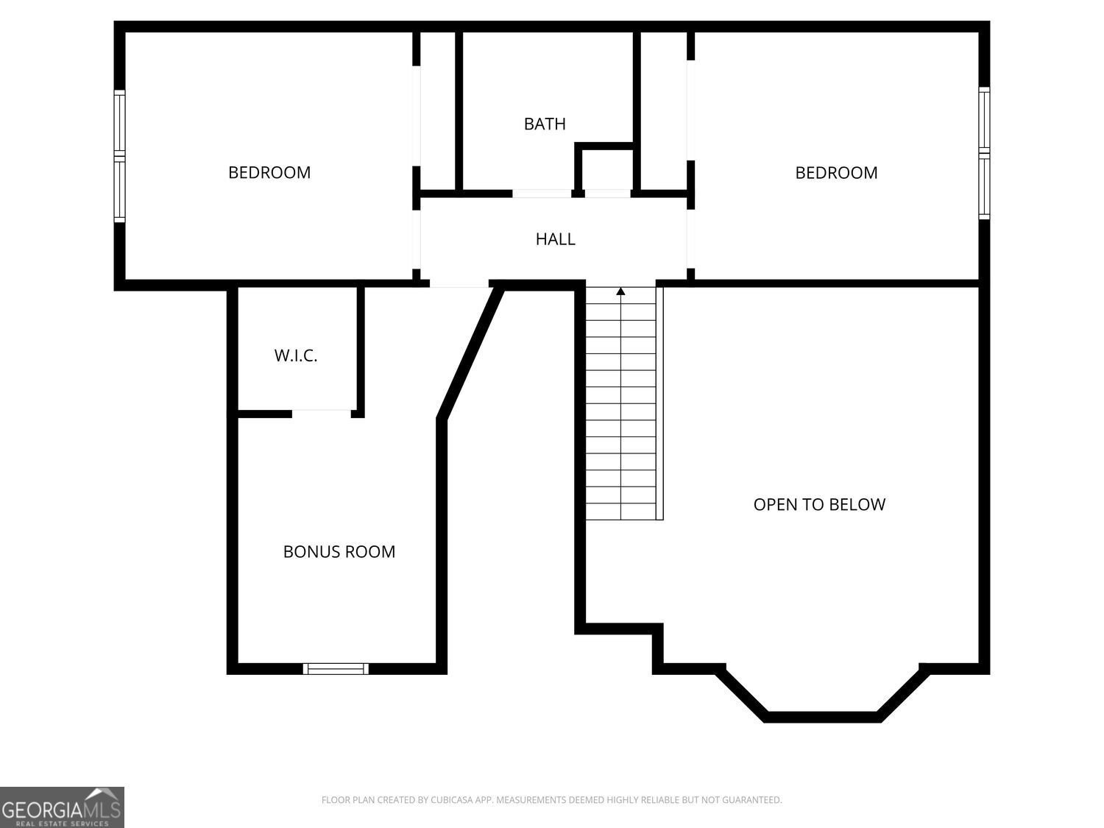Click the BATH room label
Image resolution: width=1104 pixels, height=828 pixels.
pos(544,124)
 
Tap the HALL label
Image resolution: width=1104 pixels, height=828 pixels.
pos(555,238)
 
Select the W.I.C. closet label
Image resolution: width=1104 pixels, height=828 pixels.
pos(296,355)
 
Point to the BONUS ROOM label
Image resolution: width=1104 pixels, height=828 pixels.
pos(339,551)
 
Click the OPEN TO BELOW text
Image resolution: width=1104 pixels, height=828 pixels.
pos(819,504)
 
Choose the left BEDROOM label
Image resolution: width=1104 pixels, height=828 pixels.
pos(269,172)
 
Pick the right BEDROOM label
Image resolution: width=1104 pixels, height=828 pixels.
pos(836,173)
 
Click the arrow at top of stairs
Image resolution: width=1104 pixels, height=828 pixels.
pos(620,291)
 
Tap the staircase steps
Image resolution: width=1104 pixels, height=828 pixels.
pos(620,403)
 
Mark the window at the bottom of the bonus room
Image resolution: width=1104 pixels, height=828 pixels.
pos(336,668)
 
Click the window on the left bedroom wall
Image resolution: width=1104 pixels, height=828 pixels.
pos(119,156)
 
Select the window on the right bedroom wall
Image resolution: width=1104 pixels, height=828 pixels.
pos(984,153)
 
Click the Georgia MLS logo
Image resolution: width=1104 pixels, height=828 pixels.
pos(62,807)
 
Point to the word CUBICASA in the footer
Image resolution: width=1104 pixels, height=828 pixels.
pos(450,800)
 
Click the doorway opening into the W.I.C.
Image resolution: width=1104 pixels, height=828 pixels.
pos(322,413)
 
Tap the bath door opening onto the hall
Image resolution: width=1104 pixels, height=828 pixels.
pos(542,194)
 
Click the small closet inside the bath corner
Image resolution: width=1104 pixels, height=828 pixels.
pos(607,169)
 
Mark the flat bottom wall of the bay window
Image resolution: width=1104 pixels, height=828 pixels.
pos(823,717)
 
